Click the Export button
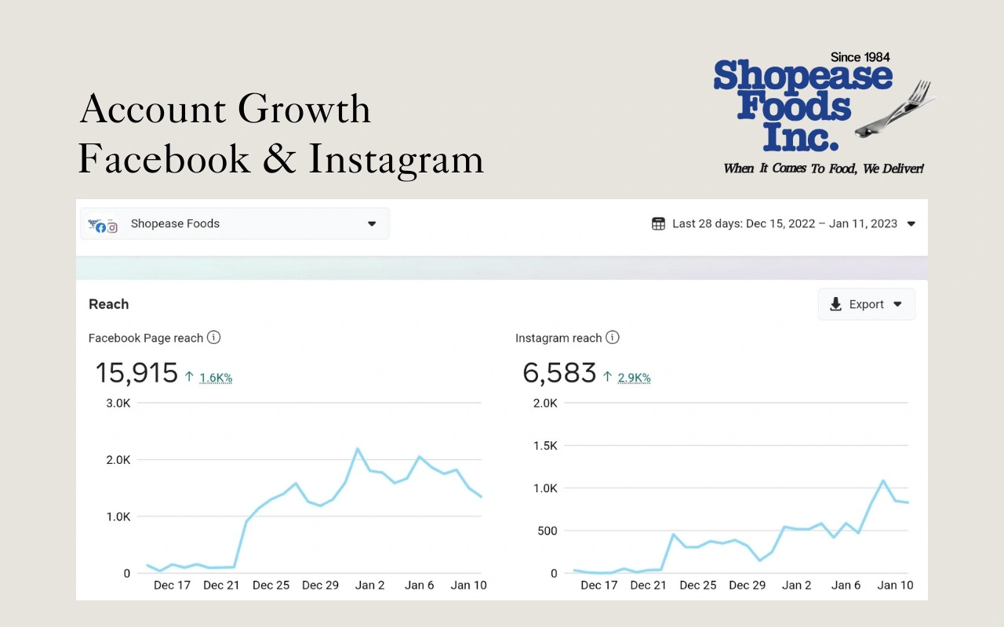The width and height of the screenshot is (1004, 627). [866, 304]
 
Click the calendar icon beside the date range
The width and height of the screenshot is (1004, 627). [658, 223]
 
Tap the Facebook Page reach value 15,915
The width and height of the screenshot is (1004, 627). [136, 373]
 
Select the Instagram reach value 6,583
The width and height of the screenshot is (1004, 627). [559, 373]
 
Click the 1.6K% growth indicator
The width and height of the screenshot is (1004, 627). [215, 378]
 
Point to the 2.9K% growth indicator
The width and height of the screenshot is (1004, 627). [634, 378]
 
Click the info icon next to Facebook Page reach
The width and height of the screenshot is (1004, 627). [213, 338]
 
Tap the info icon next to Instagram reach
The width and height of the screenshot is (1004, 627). [613, 338]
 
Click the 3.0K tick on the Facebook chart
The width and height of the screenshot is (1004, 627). [118, 403]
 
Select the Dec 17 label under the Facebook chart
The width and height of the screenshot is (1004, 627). [172, 585]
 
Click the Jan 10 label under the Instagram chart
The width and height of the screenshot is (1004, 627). [895, 585]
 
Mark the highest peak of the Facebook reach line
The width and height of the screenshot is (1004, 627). [358, 449]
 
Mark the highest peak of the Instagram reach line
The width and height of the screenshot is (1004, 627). [882, 480]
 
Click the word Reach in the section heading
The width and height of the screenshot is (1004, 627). [108, 304]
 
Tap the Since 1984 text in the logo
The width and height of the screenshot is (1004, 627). [860, 57]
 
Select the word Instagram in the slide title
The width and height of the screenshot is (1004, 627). [395, 159]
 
